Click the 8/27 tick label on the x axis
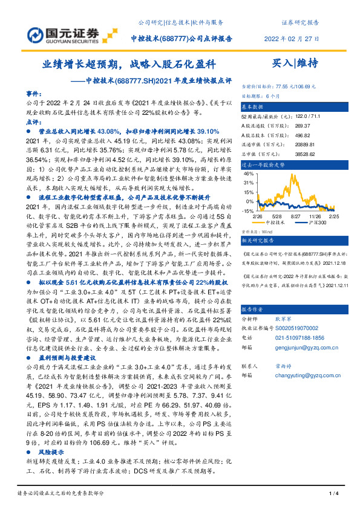tap(296, 215)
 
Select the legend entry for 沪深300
tap(320, 222)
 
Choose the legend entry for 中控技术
tap(278, 222)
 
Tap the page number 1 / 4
tap(331, 494)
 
